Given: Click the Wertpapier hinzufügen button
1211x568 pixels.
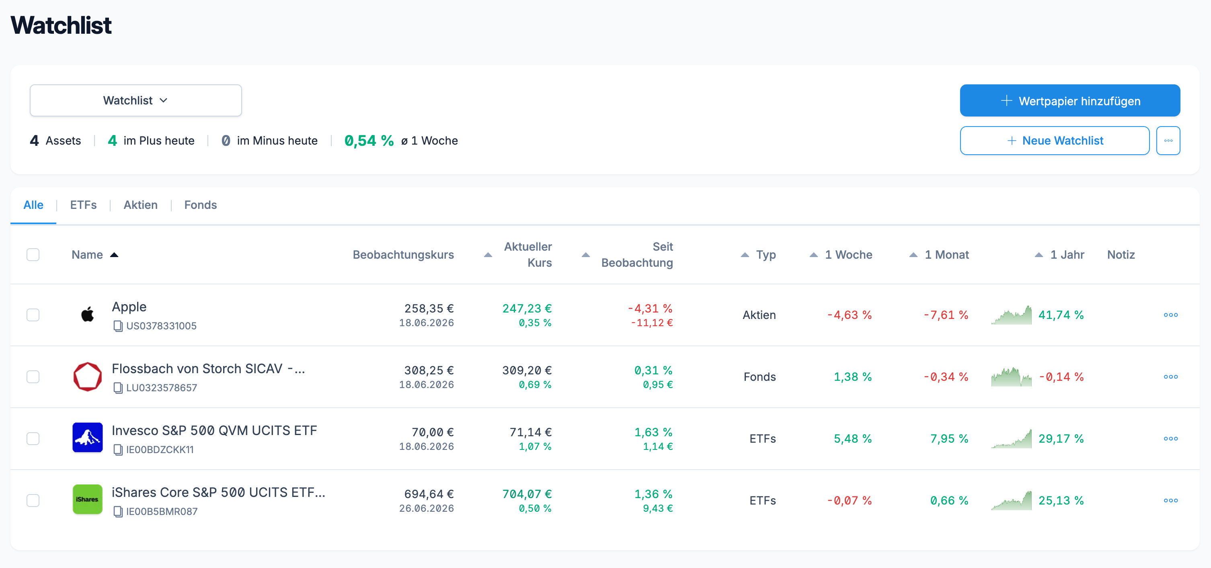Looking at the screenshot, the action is pos(1069,100).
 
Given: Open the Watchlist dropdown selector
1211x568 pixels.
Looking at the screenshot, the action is pos(135,100).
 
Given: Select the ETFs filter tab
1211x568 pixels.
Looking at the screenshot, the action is pos(83,205).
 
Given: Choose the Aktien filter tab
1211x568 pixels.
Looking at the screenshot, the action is pos(141,205).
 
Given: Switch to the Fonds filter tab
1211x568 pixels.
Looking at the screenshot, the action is pos(200,205).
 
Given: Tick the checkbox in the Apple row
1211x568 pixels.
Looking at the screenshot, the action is pos(33,315).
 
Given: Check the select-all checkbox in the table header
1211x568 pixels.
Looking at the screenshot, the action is pos(33,255).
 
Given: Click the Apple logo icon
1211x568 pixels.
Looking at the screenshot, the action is pos(87,314).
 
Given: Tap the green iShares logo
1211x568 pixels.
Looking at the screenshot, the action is pos(87,499).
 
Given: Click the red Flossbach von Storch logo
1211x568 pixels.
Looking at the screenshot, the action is pos(87,376).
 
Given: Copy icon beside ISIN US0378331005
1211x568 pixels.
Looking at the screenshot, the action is pos(118,326).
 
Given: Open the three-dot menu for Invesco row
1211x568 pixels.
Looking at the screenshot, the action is pos(1170,439).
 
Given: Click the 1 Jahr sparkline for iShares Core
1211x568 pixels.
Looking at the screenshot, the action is pos(1012,501).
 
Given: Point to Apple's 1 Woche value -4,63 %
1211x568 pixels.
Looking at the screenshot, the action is pos(850,315).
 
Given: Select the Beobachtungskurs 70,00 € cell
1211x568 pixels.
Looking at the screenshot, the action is pos(433,432).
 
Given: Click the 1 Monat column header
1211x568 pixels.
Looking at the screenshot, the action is pos(946,255).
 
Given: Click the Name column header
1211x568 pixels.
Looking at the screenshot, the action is pos(87,255).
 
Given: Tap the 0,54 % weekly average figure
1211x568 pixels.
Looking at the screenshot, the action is pos(369,141).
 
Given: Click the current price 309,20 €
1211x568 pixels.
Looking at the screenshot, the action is pos(527,370).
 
